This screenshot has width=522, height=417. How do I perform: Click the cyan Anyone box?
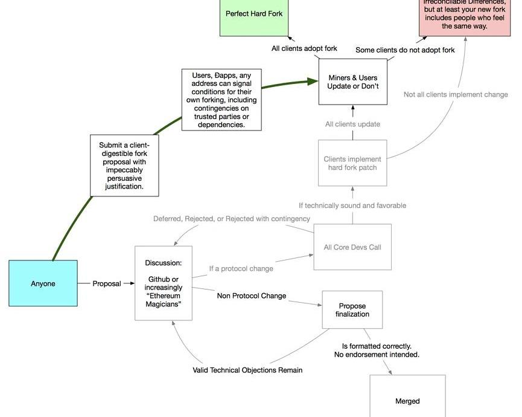[43, 283]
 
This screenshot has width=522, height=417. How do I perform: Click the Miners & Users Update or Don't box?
[352, 82]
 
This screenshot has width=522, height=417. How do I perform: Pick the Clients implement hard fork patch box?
[352, 163]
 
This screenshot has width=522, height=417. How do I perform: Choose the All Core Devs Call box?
[352, 247]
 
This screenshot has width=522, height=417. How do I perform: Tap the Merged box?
[407, 400]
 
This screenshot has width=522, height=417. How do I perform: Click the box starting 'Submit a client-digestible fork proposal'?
[124, 166]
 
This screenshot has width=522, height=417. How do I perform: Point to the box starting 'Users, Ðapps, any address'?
[222, 100]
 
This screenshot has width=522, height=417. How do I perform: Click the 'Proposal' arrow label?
[107, 283]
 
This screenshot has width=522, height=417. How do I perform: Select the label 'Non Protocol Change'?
[252, 296]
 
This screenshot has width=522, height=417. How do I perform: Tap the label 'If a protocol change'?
[241, 268]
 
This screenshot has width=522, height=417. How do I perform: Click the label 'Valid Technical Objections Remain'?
[247, 370]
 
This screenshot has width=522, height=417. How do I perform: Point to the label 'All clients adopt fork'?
[304, 48]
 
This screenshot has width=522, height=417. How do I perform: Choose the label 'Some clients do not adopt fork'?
[405, 50]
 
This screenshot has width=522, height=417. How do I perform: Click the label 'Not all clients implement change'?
[456, 94]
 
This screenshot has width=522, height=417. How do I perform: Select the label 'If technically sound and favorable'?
[352, 205]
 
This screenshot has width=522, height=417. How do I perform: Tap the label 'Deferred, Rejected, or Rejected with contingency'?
[232, 219]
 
